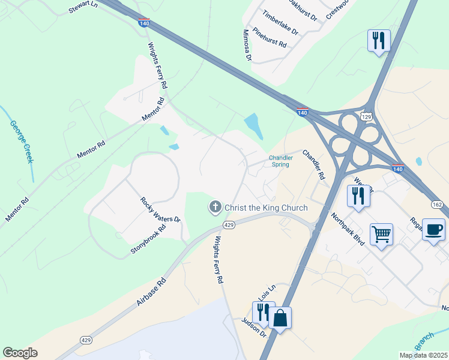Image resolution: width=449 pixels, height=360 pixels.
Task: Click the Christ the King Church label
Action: (x=266, y=208)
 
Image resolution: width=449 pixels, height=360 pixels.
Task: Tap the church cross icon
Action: (x=214, y=208)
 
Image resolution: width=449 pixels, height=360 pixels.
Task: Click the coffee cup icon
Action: (x=433, y=228)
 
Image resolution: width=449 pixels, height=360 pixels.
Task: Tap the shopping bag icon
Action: (x=280, y=317)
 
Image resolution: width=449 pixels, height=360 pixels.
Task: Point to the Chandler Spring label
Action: (x=281, y=161)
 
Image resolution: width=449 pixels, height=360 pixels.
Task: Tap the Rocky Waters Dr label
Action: (x=160, y=211)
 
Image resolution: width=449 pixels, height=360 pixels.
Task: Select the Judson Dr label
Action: (x=254, y=327)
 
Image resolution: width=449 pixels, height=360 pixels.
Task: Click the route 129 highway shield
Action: (x=367, y=116)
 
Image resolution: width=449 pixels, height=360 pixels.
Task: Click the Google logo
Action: (x=20, y=353)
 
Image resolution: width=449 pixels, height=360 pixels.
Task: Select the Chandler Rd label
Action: (x=313, y=165)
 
